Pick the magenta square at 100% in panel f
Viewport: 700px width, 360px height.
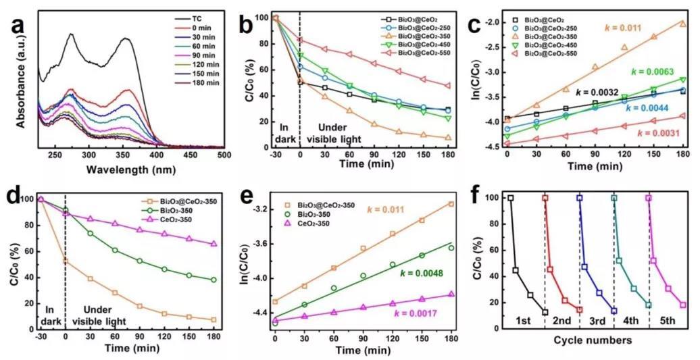click(649, 199)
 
